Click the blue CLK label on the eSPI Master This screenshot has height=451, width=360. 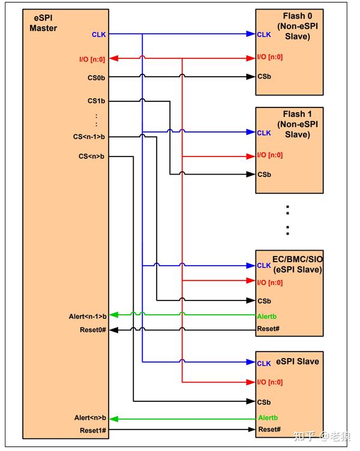[x=98, y=34]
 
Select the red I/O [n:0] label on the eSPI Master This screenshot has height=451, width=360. [x=92, y=58]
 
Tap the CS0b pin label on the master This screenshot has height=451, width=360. [x=97, y=77]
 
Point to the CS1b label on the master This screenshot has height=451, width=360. [x=97, y=101]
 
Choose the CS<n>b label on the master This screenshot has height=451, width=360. [x=92, y=157]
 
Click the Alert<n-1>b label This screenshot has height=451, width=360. [x=88, y=315]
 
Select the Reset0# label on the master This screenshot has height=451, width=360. [x=92, y=329]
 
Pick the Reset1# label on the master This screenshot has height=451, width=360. [x=92, y=430]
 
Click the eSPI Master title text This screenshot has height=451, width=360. [x=43, y=23]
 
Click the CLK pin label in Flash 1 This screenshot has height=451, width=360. [x=264, y=133]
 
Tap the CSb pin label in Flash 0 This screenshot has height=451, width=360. [x=264, y=77]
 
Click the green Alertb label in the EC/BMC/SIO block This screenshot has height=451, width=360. [x=268, y=316]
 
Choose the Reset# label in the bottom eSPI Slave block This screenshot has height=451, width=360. [x=269, y=429]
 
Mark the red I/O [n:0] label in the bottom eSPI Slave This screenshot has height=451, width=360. [x=269, y=382]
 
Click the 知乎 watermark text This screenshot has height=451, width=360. [x=307, y=435]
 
